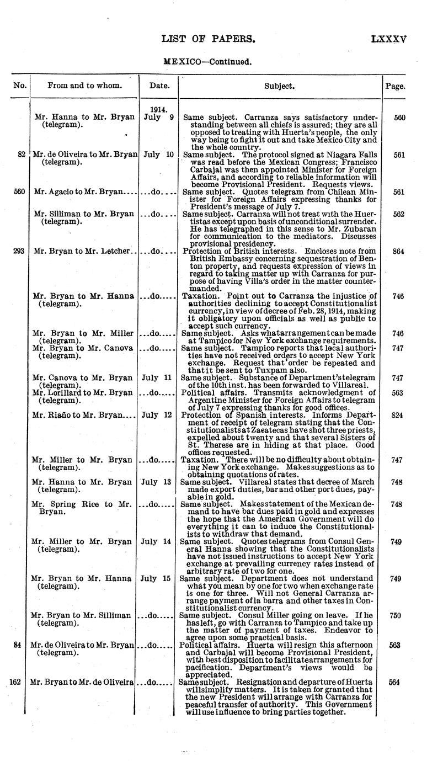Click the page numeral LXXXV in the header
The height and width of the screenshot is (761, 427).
click(389, 39)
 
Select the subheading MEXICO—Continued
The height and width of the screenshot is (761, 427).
click(208, 62)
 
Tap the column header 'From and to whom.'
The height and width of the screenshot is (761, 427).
click(84, 86)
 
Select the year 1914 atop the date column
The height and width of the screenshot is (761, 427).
click(159, 109)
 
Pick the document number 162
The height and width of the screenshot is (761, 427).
click(15, 682)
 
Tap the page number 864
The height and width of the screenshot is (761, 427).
click(395, 251)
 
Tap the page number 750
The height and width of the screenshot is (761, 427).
click(395, 615)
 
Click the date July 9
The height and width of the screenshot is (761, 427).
click(158, 117)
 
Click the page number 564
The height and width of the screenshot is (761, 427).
click(395, 682)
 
